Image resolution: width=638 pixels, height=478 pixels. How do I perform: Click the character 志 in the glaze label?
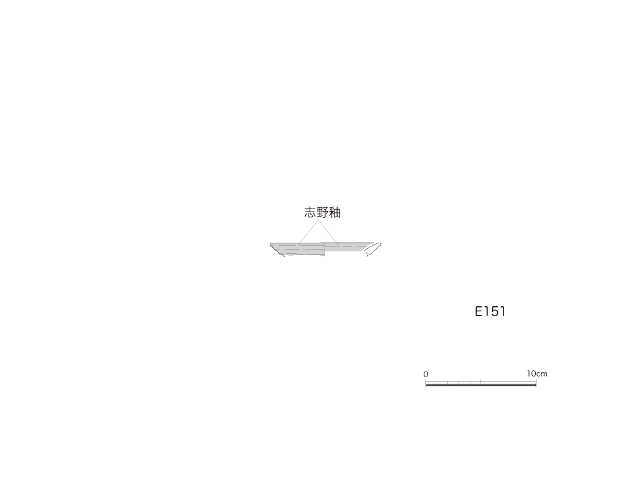click(310, 213)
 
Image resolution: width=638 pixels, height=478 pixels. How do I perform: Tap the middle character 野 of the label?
click(322, 213)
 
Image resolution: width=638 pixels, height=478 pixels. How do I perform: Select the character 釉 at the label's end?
click(335, 213)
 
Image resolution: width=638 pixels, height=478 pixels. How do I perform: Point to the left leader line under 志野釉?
click(308, 233)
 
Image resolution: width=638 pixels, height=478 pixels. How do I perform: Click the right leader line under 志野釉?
click(329, 233)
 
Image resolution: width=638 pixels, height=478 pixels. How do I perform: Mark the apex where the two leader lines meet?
click(318, 221)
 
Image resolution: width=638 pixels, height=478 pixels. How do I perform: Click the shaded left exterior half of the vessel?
click(298, 249)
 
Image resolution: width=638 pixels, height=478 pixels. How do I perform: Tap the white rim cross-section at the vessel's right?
click(373, 248)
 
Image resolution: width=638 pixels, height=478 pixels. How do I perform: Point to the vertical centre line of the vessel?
click(325, 250)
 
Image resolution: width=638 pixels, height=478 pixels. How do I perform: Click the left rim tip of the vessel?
click(270, 244)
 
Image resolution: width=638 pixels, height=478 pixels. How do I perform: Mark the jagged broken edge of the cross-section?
click(367, 254)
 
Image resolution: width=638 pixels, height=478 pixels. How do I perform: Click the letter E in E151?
click(479, 311)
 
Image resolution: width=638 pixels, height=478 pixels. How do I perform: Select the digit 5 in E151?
click(494, 311)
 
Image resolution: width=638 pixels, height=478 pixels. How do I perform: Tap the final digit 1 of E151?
click(503, 311)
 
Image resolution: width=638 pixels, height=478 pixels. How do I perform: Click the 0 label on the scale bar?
click(426, 374)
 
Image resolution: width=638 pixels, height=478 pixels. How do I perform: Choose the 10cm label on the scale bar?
click(537, 373)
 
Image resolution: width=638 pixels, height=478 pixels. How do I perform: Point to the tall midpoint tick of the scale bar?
click(481, 382)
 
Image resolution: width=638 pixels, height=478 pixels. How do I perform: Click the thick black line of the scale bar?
click(481, 385)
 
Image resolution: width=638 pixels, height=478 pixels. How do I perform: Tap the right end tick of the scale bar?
click(536, 383)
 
